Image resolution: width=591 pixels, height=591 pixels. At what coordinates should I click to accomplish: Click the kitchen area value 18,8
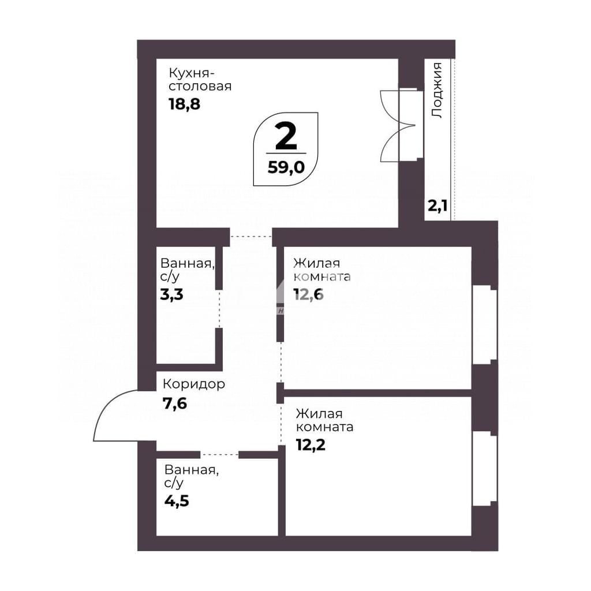point(184,104)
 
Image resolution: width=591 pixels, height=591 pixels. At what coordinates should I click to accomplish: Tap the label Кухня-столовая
point(200,79)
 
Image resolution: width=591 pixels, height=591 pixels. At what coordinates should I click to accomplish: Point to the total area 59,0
point(286,167)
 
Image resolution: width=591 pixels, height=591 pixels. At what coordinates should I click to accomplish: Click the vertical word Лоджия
point(437,91)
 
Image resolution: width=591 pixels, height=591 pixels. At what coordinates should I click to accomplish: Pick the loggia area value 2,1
point(437,206)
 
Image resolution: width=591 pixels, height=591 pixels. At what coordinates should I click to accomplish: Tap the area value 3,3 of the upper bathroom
point(171,294)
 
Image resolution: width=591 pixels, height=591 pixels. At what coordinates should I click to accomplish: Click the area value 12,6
point(309,294)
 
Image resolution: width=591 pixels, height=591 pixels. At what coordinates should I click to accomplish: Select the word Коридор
point(194,384)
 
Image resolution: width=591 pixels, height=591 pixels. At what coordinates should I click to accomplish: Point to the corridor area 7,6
point(175,403)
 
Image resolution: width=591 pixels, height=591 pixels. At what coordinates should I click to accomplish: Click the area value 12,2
point(311,445)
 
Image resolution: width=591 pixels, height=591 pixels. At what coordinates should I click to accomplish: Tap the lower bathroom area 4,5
point(177,502)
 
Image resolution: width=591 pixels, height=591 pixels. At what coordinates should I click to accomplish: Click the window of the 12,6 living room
point(485,324)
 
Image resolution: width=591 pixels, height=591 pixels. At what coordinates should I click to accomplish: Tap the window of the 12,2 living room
point(485,469)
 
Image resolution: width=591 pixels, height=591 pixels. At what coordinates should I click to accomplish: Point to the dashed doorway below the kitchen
point(251,237)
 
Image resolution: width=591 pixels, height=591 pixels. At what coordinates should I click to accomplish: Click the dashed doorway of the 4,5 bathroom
point(220,455)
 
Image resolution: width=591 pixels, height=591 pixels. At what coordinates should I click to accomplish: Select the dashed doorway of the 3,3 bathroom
point(219,309)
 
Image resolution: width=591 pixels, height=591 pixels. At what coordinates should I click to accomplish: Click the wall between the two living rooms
point(377,392)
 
